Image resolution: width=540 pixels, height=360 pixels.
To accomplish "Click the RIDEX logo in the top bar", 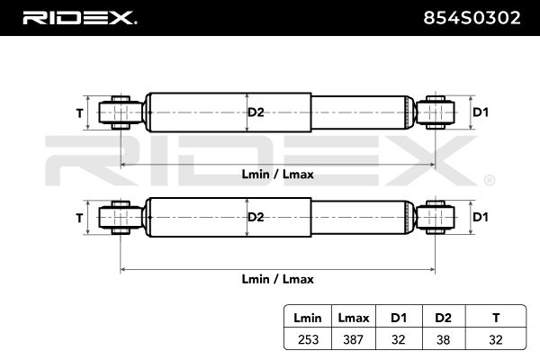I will point(78,17).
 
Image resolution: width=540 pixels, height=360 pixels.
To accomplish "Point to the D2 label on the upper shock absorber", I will point(256,112).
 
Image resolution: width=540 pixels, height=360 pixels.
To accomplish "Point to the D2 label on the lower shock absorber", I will point(256,217).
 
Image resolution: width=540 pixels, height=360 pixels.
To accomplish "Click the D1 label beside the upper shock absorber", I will point(480,112).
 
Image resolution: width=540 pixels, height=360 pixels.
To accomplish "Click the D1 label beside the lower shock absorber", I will point(480,217).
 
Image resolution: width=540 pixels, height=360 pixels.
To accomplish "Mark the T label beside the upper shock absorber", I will point(79,112).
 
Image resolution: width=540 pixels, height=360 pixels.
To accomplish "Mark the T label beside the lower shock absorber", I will point(79,218).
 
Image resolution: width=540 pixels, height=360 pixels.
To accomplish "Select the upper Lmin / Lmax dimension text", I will point(278,175).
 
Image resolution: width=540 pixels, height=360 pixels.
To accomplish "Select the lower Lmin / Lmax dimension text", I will point(278,279).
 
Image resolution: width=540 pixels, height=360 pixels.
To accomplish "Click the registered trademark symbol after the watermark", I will point(488,180).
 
